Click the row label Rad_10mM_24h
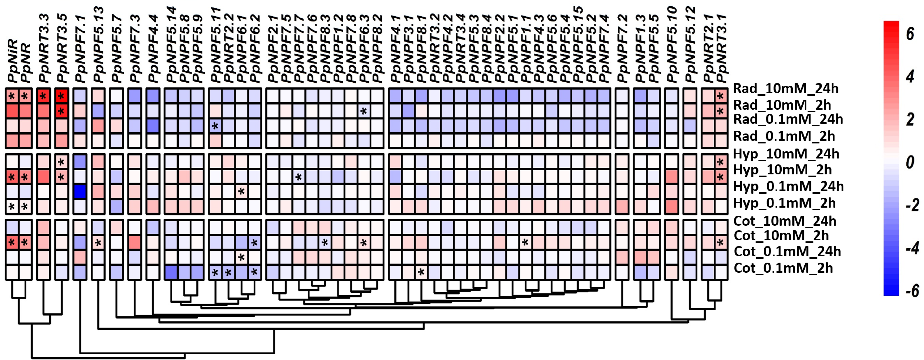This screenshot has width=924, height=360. [x=786, y=89]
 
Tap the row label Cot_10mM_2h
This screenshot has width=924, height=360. [x=781, y=236]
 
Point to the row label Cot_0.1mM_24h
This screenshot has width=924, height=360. [x=787, y=251]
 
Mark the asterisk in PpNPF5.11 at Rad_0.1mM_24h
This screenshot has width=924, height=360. [x=215, y=126]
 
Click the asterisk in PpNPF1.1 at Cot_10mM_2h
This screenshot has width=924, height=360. [x=525, y=243]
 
